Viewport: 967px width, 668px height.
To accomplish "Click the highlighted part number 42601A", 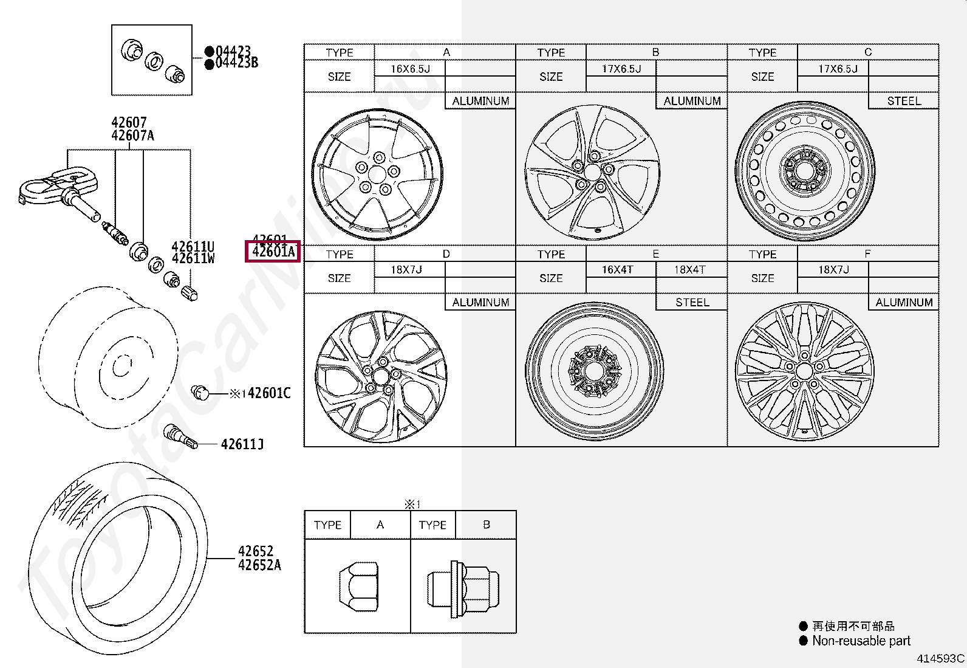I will tap(273, 252).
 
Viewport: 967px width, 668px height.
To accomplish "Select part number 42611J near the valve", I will tap(242, 444).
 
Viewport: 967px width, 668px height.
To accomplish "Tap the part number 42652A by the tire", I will tap(259, 565).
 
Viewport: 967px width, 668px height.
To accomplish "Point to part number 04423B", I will tap(236, 63).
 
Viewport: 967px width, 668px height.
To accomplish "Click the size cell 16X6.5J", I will tap(410, 69).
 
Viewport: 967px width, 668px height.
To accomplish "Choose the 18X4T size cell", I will tap(690, 270).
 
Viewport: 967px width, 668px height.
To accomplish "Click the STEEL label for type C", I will tap(904, 101).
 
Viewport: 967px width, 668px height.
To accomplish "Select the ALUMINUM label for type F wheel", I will tap(904, 302).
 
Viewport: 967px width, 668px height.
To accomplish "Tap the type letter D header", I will tap(446, 254).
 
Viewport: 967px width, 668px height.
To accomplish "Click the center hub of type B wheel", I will tap(592, 173).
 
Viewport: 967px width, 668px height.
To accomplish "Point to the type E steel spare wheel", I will tap(594, 371).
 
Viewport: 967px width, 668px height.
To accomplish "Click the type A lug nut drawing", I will tap(358, 587).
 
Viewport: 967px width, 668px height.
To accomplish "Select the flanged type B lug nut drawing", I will tap(463, 588).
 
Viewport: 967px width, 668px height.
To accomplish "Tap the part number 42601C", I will tap(269, 393).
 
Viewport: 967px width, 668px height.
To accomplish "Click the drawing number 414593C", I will tap(940, 658).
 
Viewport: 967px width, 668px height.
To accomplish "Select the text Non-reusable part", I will tap(861, 641).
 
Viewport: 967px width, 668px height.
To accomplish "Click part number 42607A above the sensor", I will tap(132, 136).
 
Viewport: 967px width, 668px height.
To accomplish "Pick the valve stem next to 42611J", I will tap(180, 436).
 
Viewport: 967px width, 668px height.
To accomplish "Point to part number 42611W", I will tap(193, 259).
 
